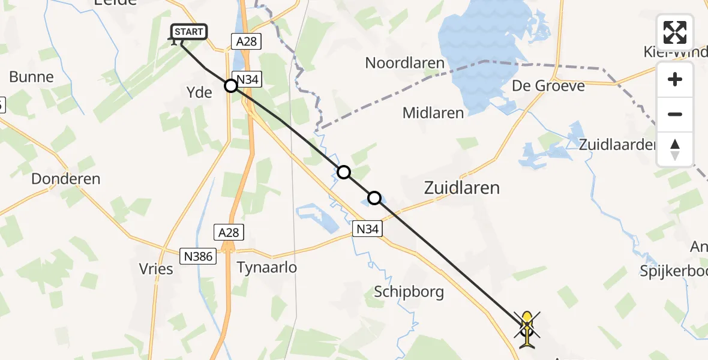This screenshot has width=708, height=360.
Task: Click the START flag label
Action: click(190, 32)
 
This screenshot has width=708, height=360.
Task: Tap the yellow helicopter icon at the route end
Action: click(527, 329)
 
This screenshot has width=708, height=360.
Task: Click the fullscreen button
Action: click(675, 32)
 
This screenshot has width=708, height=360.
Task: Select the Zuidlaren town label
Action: click(461, 188)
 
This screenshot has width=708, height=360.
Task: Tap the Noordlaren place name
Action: click(404, 63)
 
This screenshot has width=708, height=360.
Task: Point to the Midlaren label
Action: click(433, 112)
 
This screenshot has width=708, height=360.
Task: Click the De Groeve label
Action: click(548, 86)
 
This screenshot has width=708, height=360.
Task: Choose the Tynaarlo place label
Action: click(267, 268)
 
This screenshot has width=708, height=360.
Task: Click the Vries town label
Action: click(156, 269)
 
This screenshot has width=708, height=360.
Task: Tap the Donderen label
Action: click(66, 179)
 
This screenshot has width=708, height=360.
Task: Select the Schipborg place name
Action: click(409, 292)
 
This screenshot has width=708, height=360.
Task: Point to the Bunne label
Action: click(32, 77)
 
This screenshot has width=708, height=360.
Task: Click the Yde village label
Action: click(200, 92)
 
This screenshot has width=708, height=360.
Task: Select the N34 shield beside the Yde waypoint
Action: click(248, 79)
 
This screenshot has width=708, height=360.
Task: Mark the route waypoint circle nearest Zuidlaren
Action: click(374, 197)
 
